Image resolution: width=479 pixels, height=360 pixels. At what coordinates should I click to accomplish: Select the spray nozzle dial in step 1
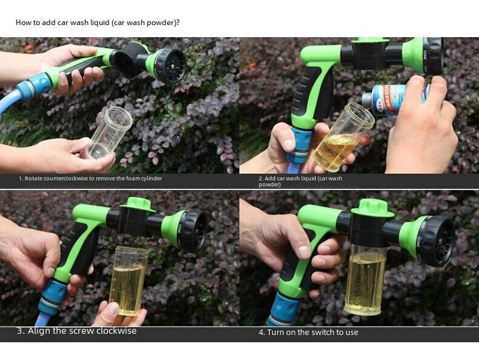point(170,66)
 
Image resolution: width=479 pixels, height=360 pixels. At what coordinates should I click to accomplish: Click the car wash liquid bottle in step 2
point(390,100)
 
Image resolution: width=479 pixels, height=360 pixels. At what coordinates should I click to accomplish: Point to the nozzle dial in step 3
point(191,231)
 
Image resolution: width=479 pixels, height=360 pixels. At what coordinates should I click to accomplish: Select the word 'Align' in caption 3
point(39,331)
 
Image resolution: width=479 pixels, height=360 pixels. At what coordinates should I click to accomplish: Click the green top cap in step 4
point(372,207)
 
